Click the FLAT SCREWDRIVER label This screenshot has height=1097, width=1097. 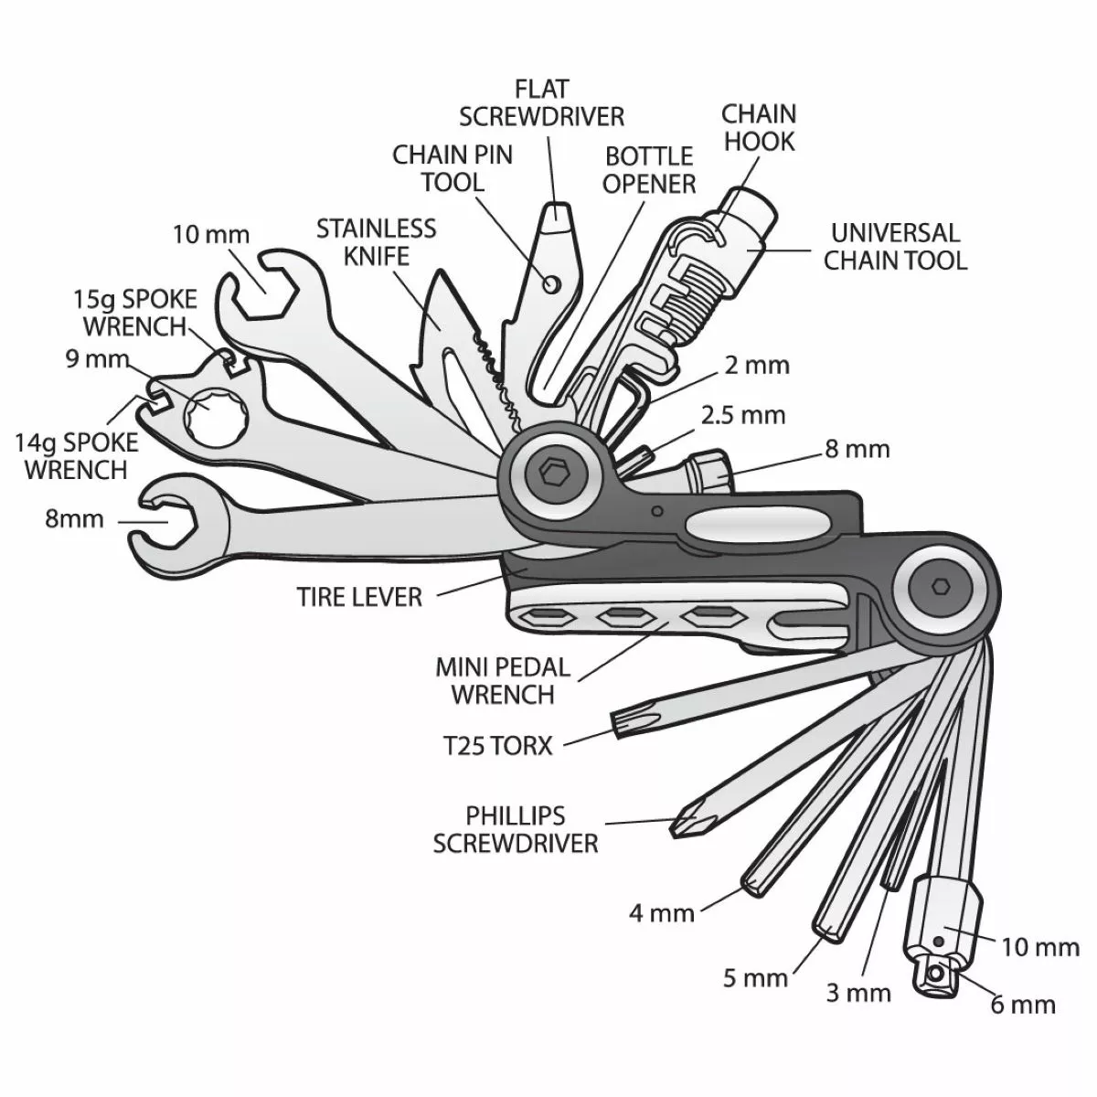pos(541,102)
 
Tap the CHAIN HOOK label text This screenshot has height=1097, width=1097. pos(759,127)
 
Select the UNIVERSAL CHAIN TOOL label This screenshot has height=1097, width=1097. pos(894,246)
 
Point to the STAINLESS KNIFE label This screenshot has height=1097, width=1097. pos(377,240)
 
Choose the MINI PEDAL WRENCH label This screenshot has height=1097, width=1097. pos(503,680)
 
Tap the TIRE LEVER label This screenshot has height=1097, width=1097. pos(359,597)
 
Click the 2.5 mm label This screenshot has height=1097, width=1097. pos(743,415)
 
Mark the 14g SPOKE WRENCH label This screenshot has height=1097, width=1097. pos(76,456)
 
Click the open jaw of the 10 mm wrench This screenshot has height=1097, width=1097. pos(261,280)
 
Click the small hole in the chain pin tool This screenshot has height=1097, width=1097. pos(550,284)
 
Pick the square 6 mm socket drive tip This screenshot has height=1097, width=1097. pos(935,976)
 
